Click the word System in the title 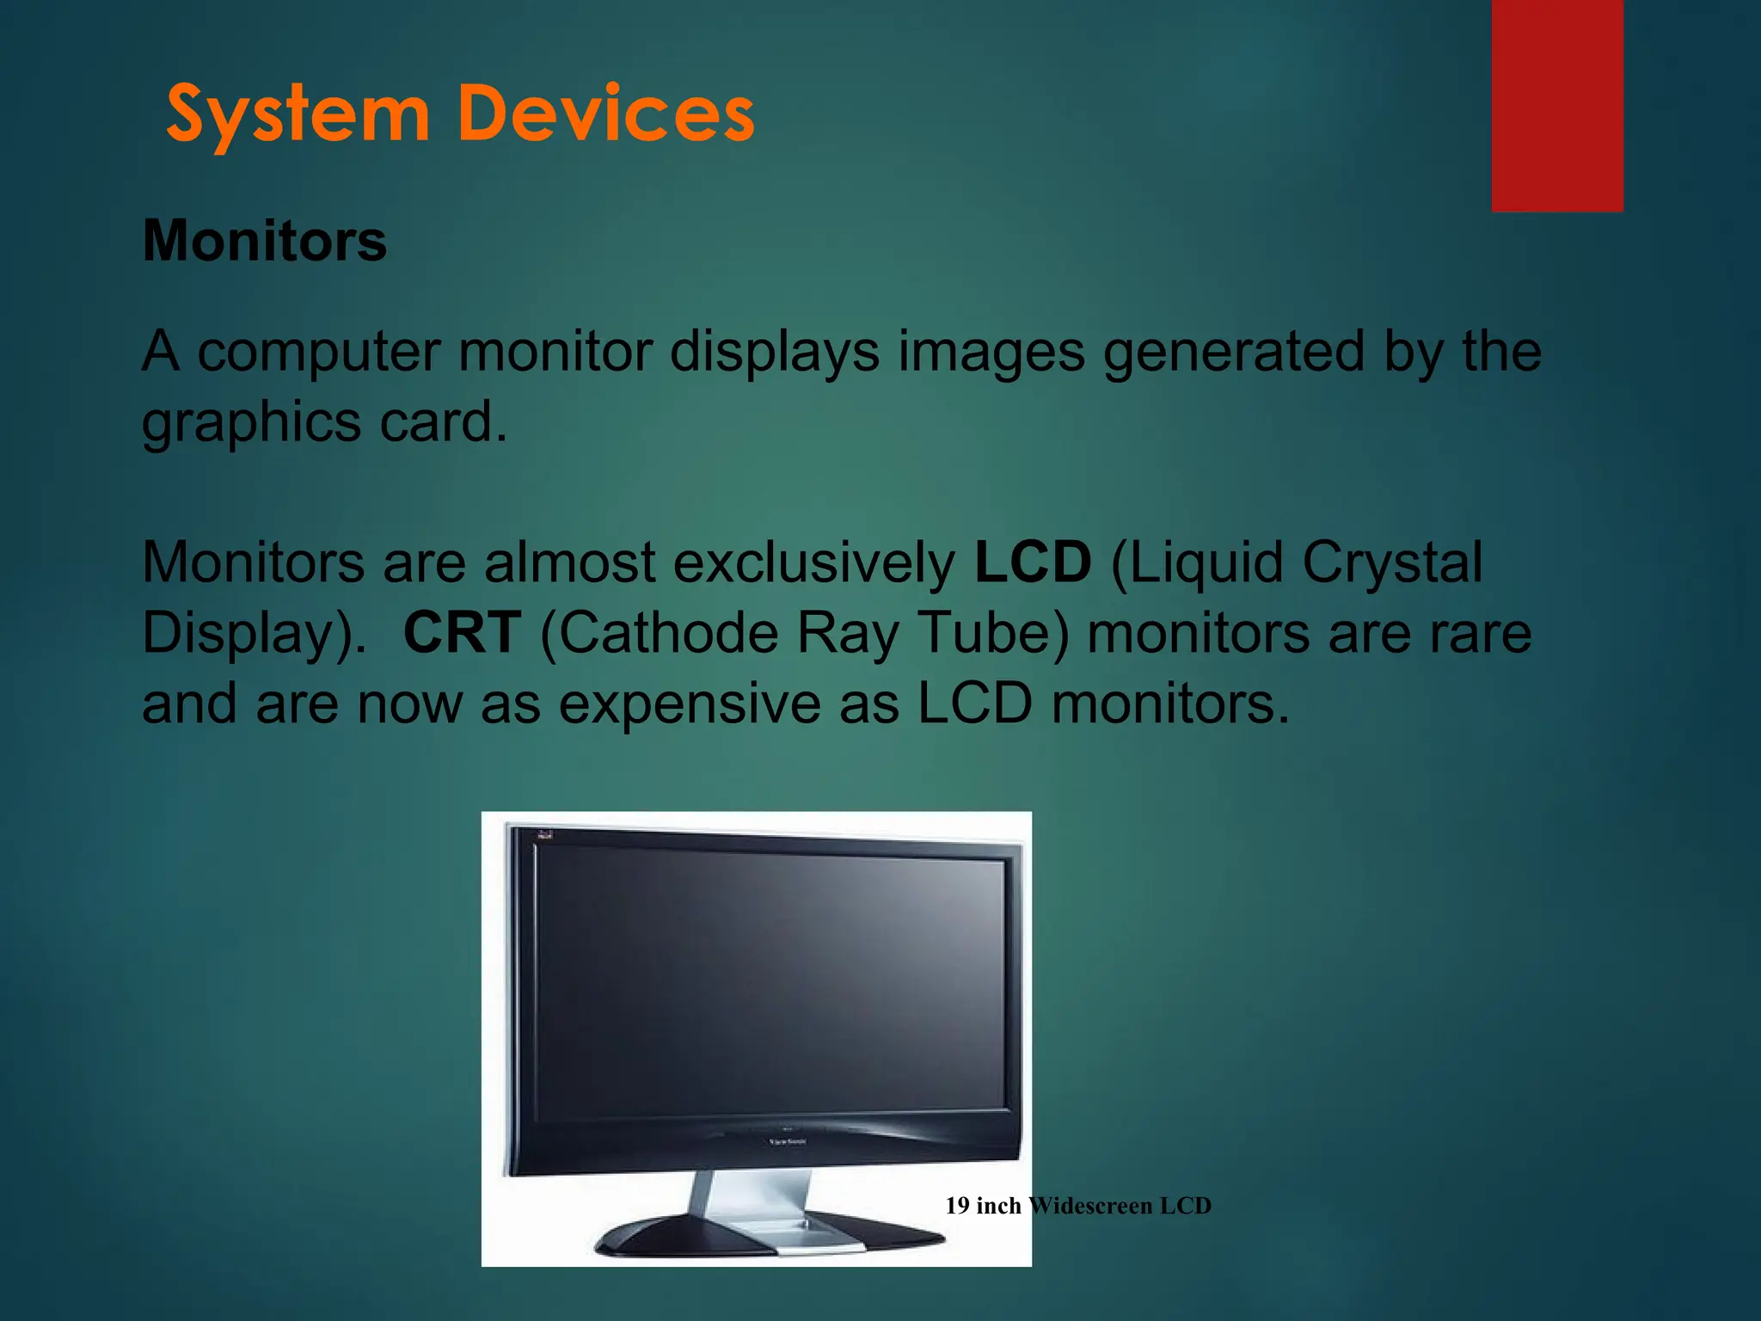tap(297, 114)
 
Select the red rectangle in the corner tap(1556, 105)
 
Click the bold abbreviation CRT tap(462, 632)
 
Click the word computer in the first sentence tap(318, 352)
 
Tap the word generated tap(1233, 352)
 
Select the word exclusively tap(813, 562)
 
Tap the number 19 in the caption tap(957, 1206)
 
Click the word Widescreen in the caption tap(1089, 1206)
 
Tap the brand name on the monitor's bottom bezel tap(787, 1141)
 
